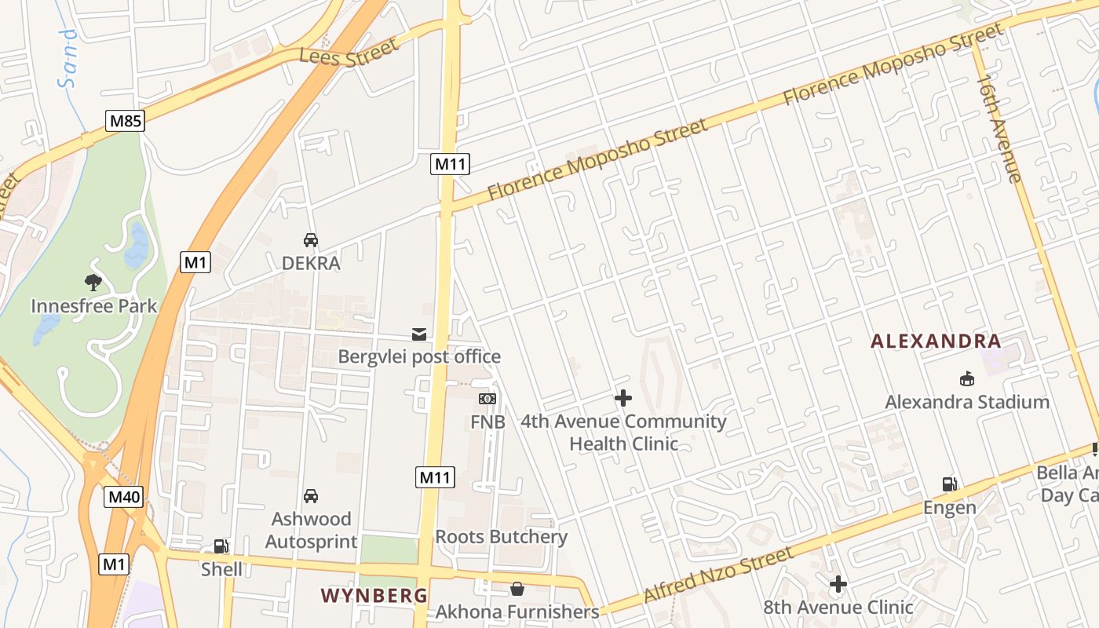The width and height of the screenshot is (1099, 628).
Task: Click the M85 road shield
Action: pyautogui.click(x=126, y=120)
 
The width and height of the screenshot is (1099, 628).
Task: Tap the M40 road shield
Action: pyautogui.click(x=124, y=496)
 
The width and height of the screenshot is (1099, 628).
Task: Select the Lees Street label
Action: pyautogui.click(x=349, y=53)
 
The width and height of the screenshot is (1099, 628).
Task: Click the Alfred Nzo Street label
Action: pyautogui.click(x=718, y=575)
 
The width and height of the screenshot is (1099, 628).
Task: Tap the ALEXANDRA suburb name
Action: pyautogui.click(x=937, y=341)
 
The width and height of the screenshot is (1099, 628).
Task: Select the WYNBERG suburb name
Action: pyautogui.click(x=374, y=595)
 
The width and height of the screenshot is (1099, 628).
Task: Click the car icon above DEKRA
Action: pyautogui.click(x=311, y=240)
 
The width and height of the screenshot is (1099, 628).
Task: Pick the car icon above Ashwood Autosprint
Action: pyautogui.click(x=311, y=496)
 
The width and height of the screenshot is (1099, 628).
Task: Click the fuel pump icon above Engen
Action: pyautogui.click(x=949, y=484)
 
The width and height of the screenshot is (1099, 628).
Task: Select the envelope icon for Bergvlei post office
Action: pyautogui.click(x=419, y=334)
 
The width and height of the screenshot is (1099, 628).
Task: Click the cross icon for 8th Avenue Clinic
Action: pyautogui.click(x=838, y=584)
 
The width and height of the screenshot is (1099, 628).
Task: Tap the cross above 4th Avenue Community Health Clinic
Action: pyautogui.click(x=623, y=398)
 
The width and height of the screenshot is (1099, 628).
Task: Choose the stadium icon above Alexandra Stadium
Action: pyautogui.click(x=967, y=378)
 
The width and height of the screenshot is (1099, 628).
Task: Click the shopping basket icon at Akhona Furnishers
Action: pyautogui.click(x=517, y=588)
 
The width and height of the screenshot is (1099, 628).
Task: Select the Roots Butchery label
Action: pyautogui.click(x=501, y=537)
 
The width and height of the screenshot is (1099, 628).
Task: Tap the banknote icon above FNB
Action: pyautogui.click(x=487, y=399)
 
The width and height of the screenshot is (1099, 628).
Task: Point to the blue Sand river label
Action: pyautogui.click(x=70, y=58)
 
